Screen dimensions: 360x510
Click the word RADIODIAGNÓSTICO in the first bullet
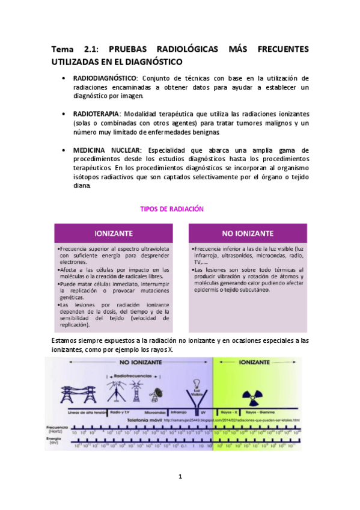pyautogui.click(x=105, y=78)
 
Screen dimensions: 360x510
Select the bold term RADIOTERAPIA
pyautogui.click(x=96, y=114)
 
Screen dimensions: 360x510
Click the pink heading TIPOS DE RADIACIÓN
pyautogui.click(x=172, y=209)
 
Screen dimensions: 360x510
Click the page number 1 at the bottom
pyautogui.click(x=180, y=477)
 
